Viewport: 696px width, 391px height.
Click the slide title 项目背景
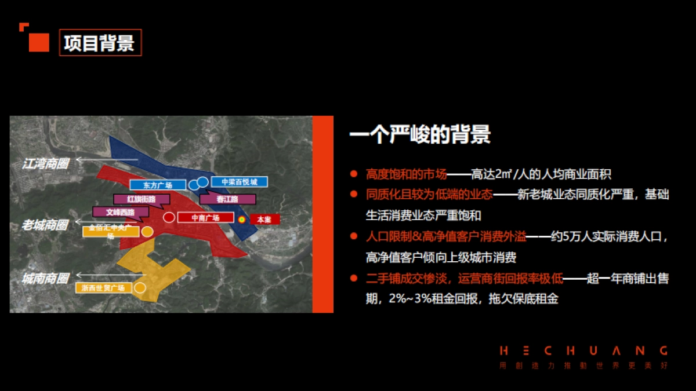tap(100, 43)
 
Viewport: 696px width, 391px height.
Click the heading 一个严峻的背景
tap(420, 134)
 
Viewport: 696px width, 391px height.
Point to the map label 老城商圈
tap(45, 225)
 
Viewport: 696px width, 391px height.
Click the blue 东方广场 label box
tap(157, 185)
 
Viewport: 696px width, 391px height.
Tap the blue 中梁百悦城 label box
tap(238, 182)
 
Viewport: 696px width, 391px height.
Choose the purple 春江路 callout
tap(227, 199)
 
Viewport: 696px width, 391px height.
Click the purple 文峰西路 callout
tap(121, 213)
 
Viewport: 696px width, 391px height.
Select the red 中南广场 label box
tap(205, 218)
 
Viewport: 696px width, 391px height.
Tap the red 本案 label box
tap(264, 220)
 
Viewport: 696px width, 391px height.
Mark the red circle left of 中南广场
tap(169, 218)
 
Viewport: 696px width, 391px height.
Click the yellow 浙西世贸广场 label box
tap(104, 287)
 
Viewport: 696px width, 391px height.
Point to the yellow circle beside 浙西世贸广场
tap(140, 287)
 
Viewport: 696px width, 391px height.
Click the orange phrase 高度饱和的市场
tap(407, 174)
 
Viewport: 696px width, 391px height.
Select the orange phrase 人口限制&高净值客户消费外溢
tap(446, 236)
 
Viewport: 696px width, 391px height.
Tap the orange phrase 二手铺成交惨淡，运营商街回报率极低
tap(465, 279)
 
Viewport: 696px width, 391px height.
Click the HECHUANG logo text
tap(583, 351)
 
